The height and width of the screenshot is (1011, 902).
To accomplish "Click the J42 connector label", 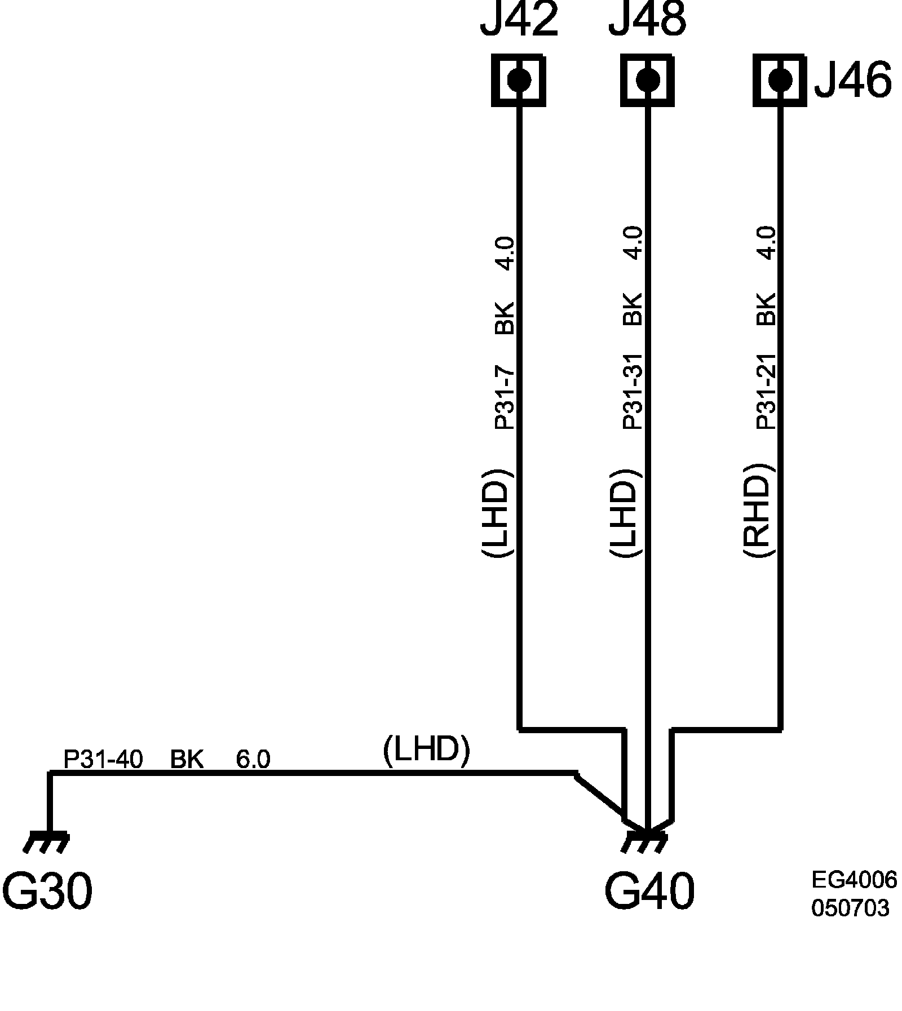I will pyautogui.click(x=519, y=20).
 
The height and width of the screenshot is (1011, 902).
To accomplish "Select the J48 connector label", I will pyautogui.click(x=647, y=20).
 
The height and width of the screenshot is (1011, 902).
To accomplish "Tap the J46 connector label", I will pyautogui.click(x=853, y=80).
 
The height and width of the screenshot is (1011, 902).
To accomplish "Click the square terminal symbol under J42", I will pyautogui.click(x=519, y=79).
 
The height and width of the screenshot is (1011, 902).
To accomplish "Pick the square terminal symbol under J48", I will pyautogui.click(x=647, y=79).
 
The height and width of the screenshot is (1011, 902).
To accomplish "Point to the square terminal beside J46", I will pyautogui.click(x=780, y=79).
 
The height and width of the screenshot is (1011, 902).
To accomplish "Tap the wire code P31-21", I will pyautogui.click(x=766, y=391).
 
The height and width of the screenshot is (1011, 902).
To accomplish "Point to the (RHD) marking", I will pyautogui.click(x=757, y=511).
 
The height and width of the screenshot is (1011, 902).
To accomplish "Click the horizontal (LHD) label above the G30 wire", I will pyautogui.click(x=426, y=751).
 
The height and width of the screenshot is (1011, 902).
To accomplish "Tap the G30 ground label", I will pyautogui.click(x=47, y=892).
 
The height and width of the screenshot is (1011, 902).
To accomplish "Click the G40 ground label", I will pyautogui.click(x=649, y=892).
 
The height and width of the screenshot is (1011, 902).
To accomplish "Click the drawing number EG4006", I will pyautogui.click(x=854, y=880).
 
